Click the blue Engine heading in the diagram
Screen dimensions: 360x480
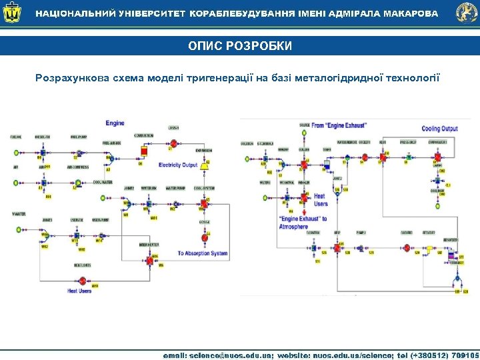point(115,123)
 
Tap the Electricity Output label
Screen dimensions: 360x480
point(178,165)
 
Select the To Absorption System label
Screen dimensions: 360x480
point(202,253)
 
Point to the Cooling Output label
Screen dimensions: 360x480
point(439,129)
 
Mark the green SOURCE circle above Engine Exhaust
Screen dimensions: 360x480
point(304,132)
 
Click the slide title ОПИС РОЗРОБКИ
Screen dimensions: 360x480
point(240,45)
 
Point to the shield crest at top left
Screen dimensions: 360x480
point(14,13)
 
